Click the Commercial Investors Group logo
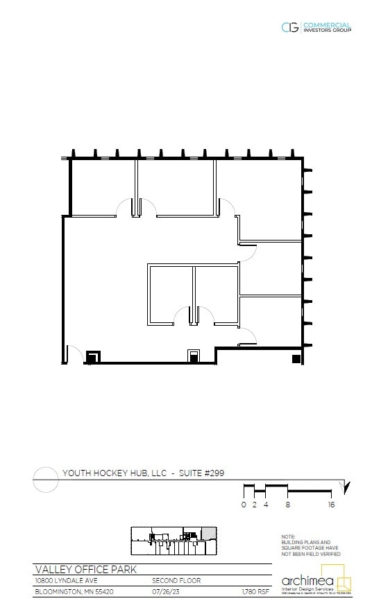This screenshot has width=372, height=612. [316, 28]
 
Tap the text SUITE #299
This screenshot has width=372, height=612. [201, 473]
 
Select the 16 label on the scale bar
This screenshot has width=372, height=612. [331, 505]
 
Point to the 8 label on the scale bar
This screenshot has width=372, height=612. [287, 505]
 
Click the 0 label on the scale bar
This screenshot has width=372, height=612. [244, 505]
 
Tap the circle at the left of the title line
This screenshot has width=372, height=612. [45, 479]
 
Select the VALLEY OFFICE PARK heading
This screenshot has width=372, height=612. [86, 570]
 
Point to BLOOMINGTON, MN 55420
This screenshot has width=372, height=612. [74, 592]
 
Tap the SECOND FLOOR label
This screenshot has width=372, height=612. [176, 581]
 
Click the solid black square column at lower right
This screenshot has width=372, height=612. [296, 358]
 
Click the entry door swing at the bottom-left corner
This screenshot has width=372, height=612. [75, 353]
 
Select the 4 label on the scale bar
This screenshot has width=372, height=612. [265, 505]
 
